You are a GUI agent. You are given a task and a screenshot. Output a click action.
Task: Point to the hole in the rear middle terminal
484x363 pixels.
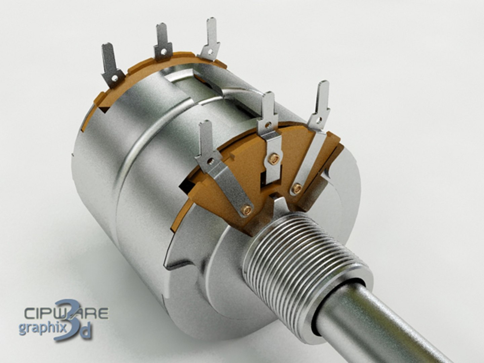pyautogui.click(x=163, y=53)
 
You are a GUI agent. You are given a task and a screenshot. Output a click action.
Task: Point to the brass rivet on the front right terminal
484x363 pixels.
pyautogui.click(x=297, y=188)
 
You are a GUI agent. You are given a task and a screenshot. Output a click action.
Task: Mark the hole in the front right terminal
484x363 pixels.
pyautogui.click(x=317, y=119)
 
